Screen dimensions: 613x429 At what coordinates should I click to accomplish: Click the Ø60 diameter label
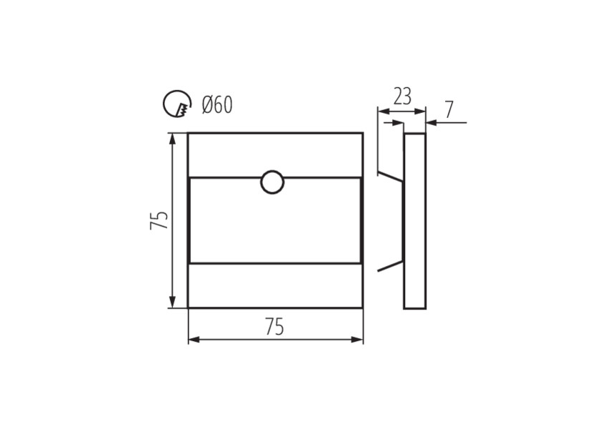coord(217,105)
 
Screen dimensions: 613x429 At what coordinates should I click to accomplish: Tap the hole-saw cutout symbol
coord(176,104)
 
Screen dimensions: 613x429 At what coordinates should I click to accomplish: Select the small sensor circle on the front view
coord(272,182)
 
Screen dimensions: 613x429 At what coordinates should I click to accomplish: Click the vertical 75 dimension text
coord(159,220)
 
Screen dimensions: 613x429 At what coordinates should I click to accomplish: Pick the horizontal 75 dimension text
coord(274,327)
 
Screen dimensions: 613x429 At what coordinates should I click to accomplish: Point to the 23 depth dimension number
coord(402,97)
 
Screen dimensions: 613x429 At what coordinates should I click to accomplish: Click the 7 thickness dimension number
coord(449,110)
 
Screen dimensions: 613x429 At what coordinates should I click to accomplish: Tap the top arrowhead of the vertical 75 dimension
coord(171,138)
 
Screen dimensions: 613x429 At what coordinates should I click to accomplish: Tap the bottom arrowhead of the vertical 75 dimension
coord(171,302)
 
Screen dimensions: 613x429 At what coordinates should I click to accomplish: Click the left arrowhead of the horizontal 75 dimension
coord(194,340)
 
